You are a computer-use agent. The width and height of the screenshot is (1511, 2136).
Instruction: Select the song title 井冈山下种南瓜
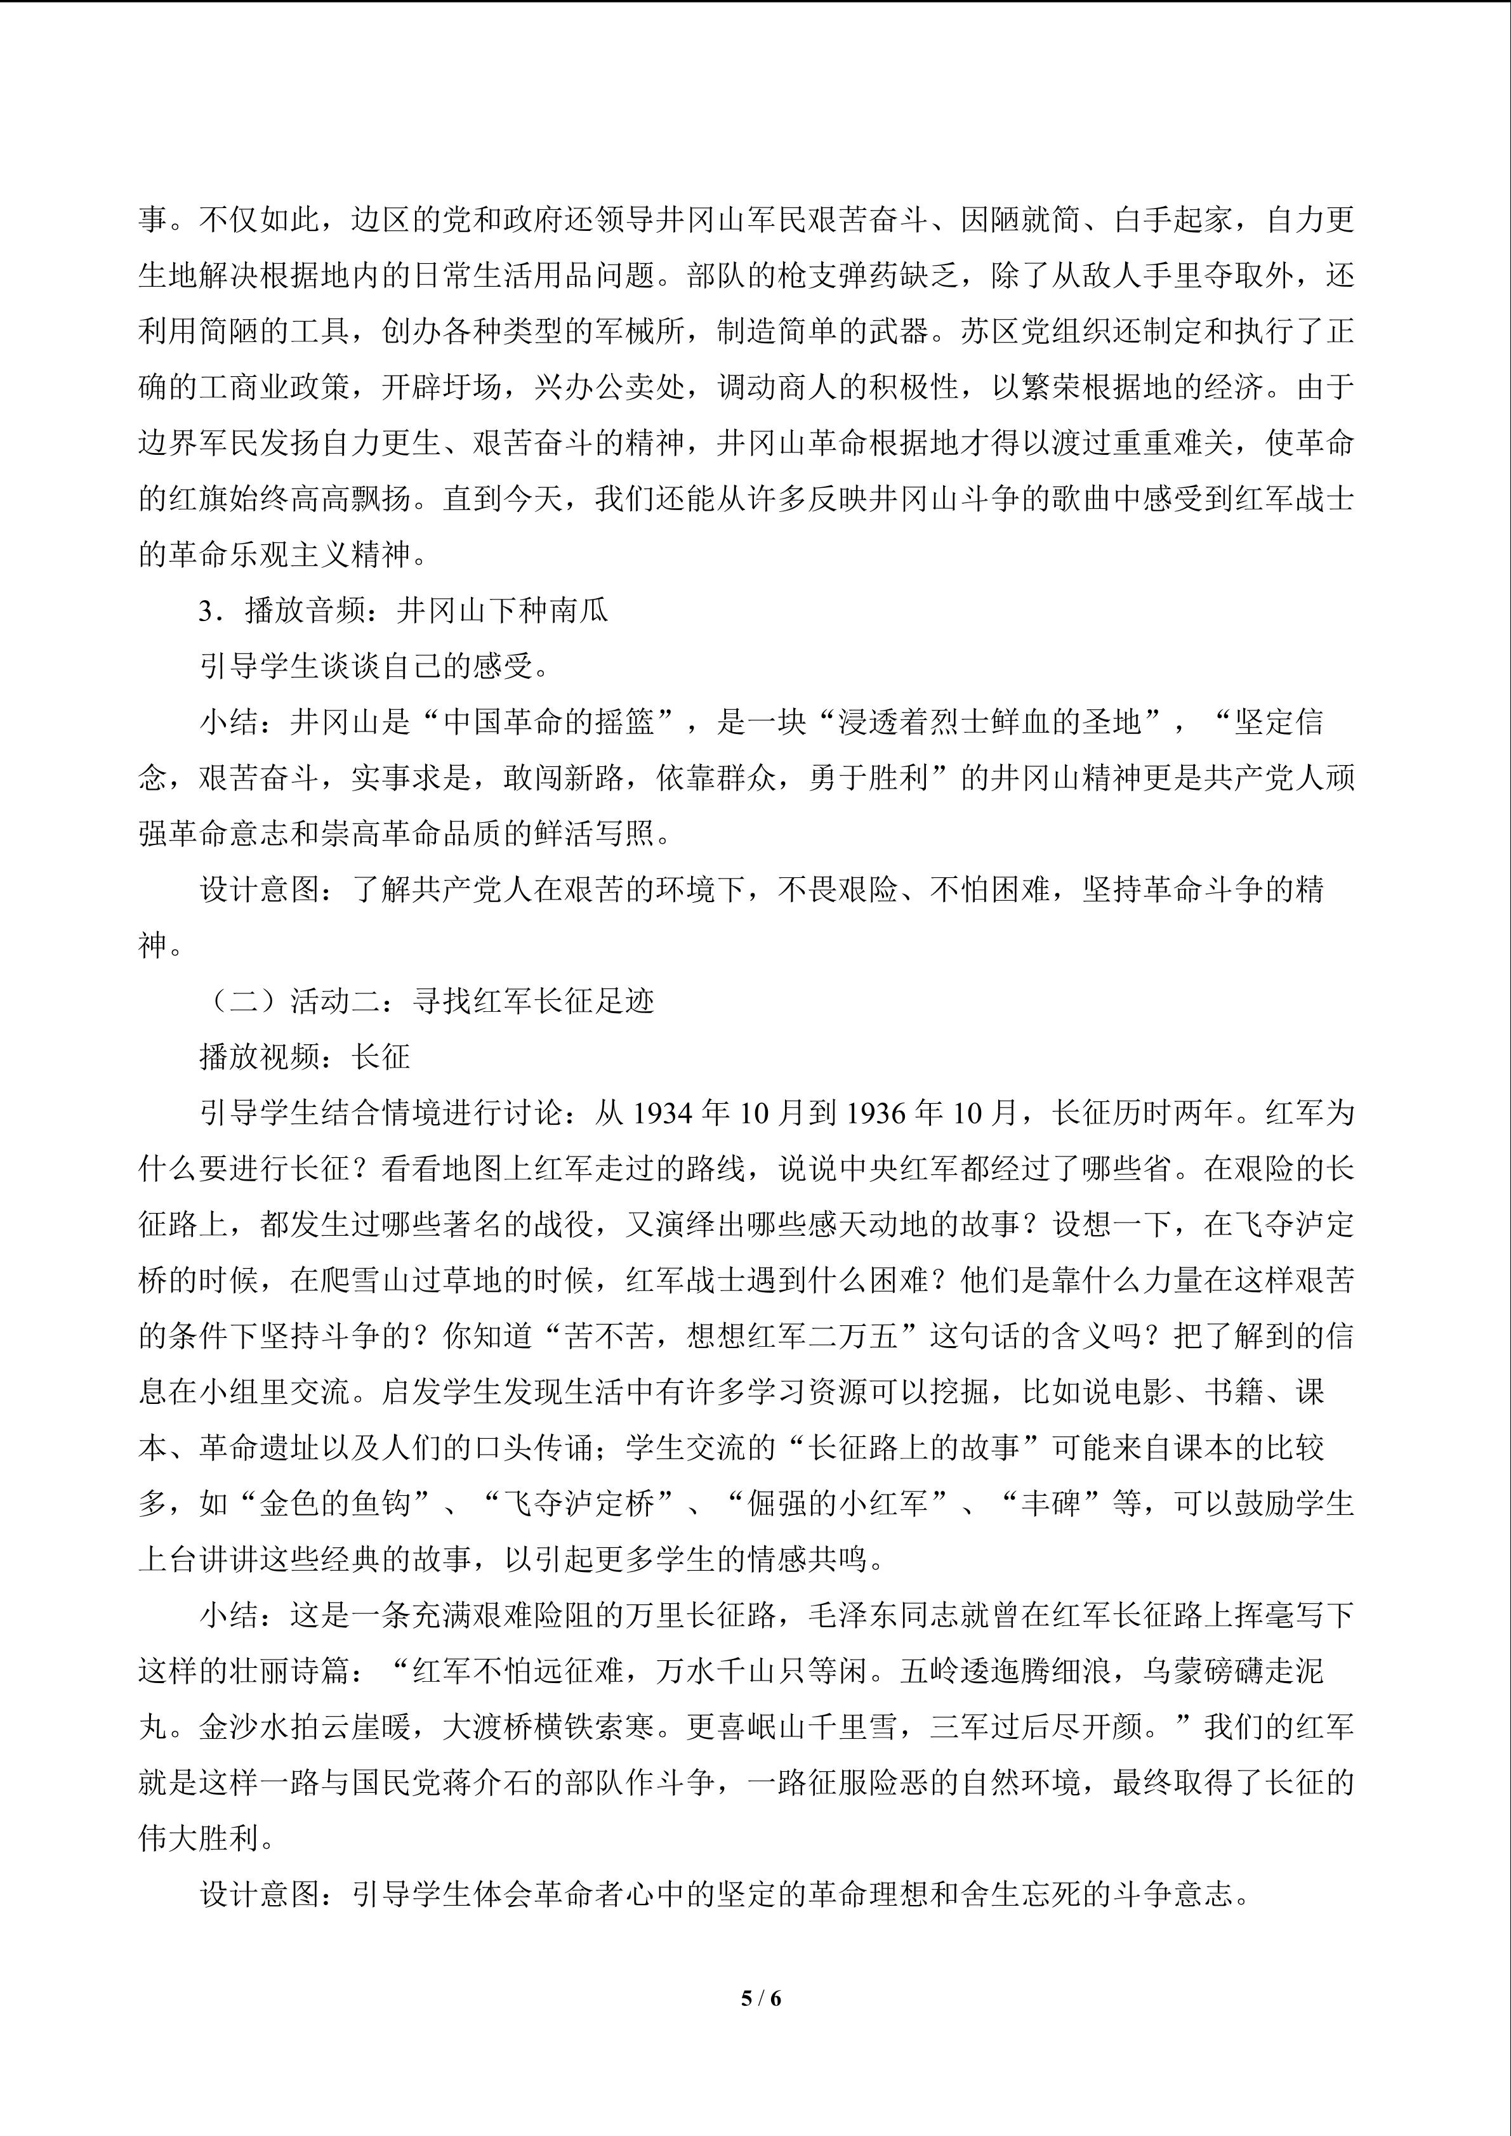pos(503,611)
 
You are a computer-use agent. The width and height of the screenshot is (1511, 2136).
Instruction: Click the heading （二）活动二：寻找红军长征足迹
pos(428,1002)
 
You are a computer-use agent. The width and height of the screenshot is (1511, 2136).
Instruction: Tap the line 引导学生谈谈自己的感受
pos(374,667)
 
